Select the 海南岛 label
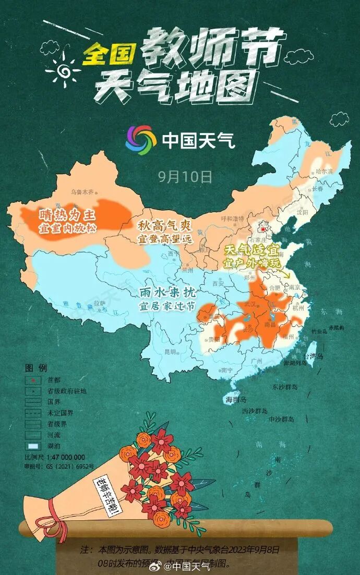pos(235,399)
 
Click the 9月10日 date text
pos(185,176)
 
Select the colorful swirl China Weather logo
pos(140,139)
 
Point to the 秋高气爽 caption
pos(165,226)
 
